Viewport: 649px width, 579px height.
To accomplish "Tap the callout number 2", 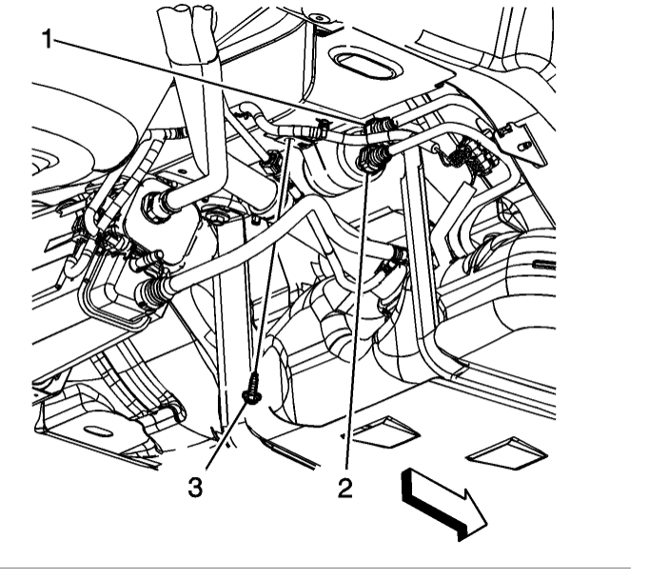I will pos(344,488).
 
